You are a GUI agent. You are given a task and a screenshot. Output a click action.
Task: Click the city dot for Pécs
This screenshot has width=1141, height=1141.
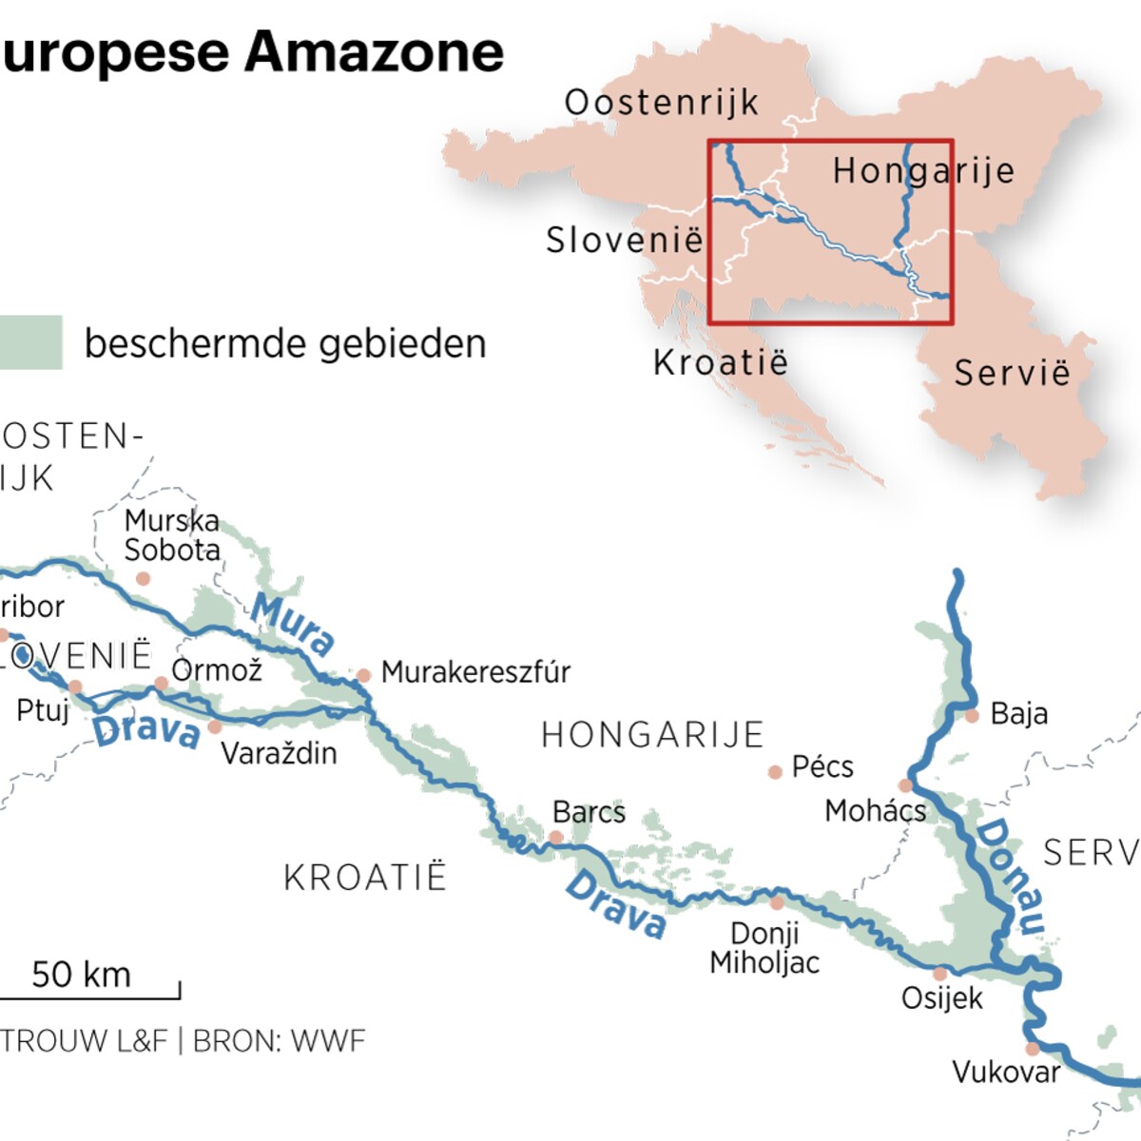coord(775,772)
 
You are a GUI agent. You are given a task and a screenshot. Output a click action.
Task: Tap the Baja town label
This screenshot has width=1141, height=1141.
coord(1018,713)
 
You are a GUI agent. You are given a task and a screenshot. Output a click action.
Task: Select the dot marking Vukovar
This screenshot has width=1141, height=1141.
coord(1033,1049)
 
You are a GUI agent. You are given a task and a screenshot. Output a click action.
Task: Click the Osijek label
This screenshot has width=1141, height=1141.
coord(941,998)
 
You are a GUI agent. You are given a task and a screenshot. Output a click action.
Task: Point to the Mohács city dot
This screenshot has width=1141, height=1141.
coord(905,785)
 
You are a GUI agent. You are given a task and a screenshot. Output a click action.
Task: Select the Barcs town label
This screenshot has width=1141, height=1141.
coord(589,812)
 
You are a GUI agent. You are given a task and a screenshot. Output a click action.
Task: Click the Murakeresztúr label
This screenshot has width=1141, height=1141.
coord(475,672)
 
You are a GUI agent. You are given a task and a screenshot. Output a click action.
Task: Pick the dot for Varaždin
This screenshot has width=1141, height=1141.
coord(215,727)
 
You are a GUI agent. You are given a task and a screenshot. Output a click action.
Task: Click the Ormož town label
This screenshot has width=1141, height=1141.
coord(217,670)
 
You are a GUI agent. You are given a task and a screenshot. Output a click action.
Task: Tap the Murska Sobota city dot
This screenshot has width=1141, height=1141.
coord(143,578)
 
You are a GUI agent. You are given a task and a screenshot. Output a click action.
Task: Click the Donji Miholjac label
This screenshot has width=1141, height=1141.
coord(764,947)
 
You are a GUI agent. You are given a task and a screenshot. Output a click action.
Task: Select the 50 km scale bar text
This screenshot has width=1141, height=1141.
coord(81,975)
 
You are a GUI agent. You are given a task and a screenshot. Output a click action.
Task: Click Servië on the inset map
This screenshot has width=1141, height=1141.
coord(1012,373)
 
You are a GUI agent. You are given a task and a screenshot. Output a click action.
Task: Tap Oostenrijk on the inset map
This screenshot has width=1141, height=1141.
coord(662,103)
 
